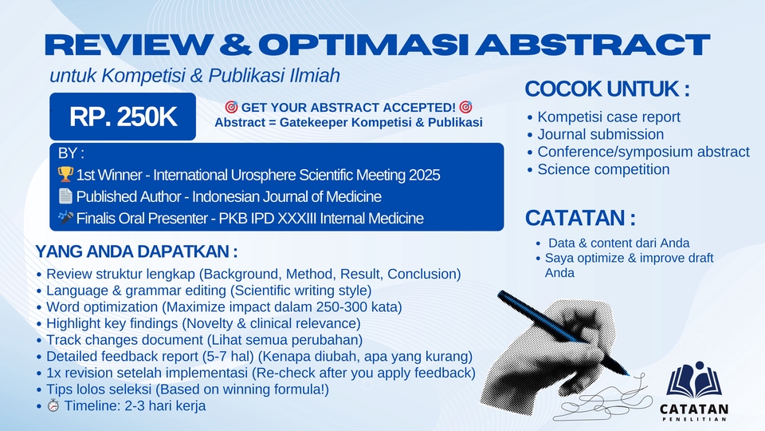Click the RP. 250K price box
click(x=123, y=117)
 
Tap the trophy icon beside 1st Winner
click(x=65, y=174)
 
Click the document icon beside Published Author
click(x=65, y=196)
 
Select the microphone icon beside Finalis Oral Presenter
click(x=65, y=217)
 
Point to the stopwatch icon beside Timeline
click(x=53, y=405)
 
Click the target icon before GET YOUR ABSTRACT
click(x=231, y=107)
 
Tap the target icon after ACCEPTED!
click(x=466, y=107)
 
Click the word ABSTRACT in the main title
click(x=593, y=45)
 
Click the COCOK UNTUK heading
click(x=607, y=89)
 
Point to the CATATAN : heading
click(x=580, y=218)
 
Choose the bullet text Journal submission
click(x=601, y=134)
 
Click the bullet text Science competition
click(x=603, y=169)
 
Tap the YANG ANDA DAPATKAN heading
click(x=136, y=251)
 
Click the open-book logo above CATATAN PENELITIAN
click(x=694, y=380)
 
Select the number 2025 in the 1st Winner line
click(x=425, y=175)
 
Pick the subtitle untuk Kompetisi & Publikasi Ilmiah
click(x=194, y=76)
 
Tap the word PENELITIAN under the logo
click(x=694, y=419)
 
